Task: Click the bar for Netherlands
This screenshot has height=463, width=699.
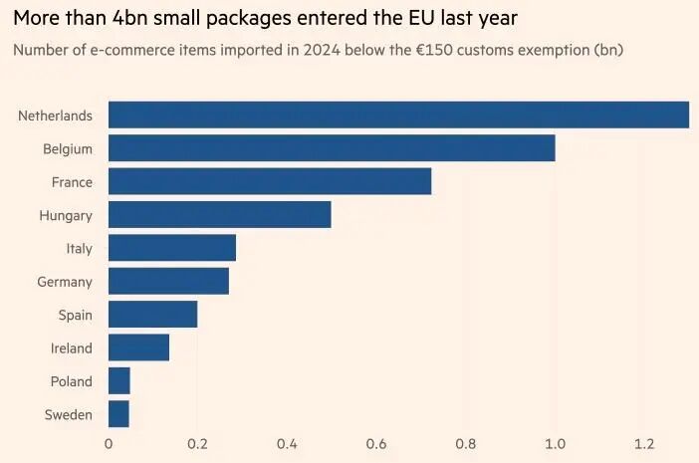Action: click(398, 116)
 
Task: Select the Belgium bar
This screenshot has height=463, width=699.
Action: click(331, 148)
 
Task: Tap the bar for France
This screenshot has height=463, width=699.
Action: click(269, 181)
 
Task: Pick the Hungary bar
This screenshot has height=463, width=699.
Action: click(219, 215)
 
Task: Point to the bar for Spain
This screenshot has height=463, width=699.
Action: click(152, 315)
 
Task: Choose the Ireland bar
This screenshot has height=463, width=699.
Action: click(138, 347)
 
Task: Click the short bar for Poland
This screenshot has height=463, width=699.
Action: click(118, 381)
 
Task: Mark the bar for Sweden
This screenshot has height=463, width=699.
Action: click(118, 414)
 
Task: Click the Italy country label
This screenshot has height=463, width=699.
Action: click(79, 249)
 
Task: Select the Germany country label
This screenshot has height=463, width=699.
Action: click(65, 282)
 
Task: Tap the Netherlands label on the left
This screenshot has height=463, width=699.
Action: click(55, 116)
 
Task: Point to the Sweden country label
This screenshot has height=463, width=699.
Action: click(69, 414)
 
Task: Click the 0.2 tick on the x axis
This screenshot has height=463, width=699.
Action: click(197, 444)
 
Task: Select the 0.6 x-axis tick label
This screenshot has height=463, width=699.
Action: click(376, 444)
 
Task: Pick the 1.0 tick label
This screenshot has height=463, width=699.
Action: click(555, 444)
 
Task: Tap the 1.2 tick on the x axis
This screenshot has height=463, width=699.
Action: click(644, 444)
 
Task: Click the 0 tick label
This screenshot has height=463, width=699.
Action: click(109, 444)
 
